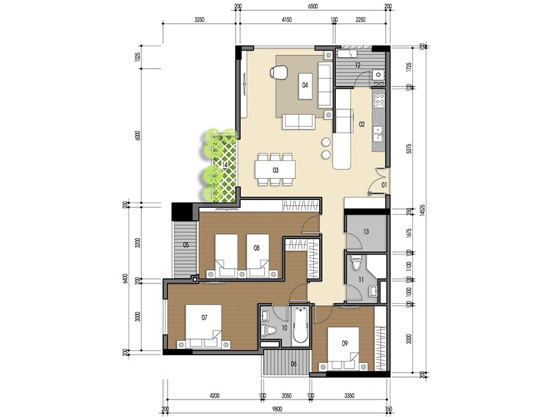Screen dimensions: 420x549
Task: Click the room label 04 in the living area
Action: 305,85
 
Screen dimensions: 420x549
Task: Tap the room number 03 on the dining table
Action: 275,170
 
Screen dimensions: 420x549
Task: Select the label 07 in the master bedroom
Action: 205,317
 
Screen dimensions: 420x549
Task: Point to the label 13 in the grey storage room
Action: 365,231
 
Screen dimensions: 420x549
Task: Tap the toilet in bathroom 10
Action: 271,331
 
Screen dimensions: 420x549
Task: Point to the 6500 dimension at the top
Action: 313,6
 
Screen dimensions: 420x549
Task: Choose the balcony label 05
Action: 185,244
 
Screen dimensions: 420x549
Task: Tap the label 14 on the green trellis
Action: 225,165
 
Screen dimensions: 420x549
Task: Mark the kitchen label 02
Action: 362,124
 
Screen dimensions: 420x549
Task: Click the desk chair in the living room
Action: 279,72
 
